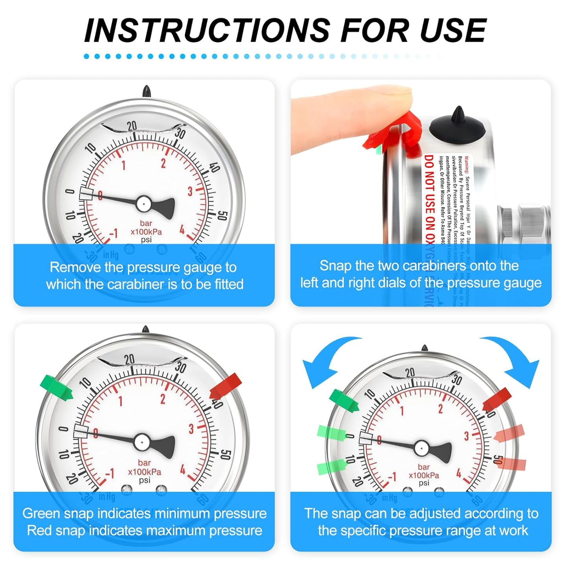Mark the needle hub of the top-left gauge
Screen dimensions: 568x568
143,203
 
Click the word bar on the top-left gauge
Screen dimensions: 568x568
146,223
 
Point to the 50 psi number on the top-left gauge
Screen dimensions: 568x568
222,215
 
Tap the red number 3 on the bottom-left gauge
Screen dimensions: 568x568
191,428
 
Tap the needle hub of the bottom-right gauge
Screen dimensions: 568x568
421,447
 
